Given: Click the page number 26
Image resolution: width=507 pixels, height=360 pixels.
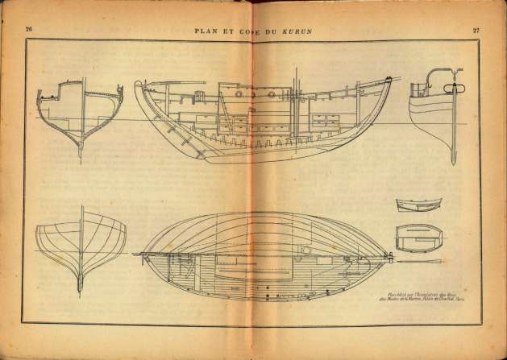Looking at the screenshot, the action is [x=29, y=29].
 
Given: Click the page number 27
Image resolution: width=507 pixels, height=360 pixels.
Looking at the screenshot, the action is [x=477, y=29].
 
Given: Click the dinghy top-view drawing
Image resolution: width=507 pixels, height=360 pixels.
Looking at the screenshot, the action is [x=416, y=235].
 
